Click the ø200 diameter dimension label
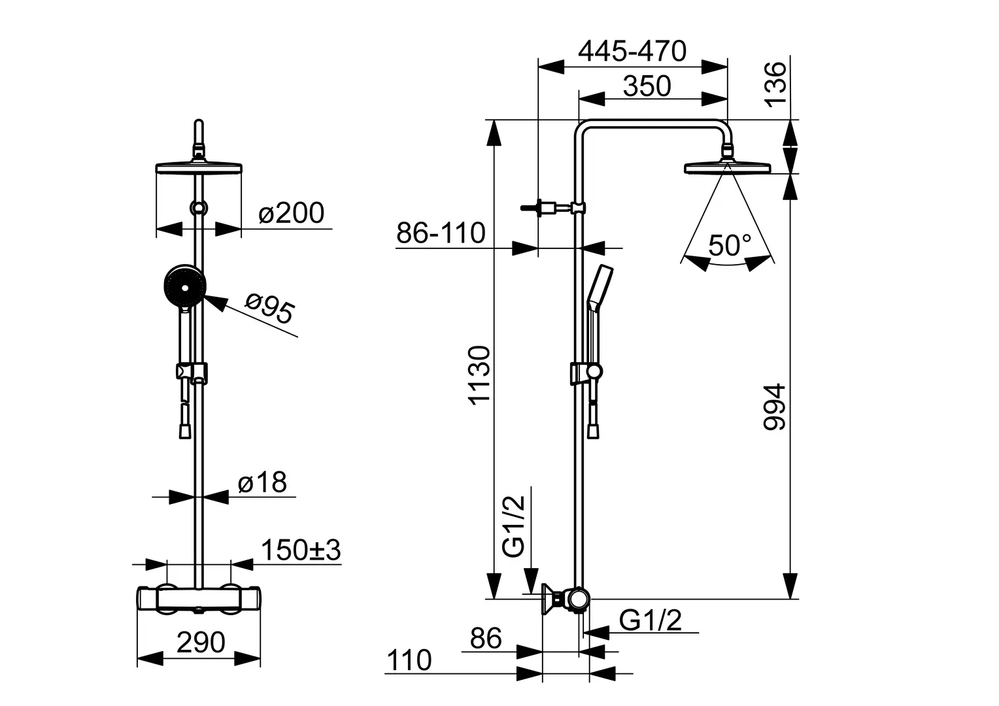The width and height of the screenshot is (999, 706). coord(291,213)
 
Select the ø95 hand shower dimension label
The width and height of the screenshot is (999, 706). coord(269,309)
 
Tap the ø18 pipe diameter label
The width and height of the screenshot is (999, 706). coord(262,483)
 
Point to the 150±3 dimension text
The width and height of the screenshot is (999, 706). coord(301,551)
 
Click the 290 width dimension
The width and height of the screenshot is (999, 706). coord(201,643)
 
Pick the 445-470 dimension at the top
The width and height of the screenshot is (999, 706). coord(632,51)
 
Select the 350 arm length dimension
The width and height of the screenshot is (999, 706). coord(647,86)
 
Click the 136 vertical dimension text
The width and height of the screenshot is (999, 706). coord(775,84)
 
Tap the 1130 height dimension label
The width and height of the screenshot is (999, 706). coord(479,376)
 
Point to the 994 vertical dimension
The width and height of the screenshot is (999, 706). coord(775,407)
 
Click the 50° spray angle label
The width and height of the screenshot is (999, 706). coord(730,245)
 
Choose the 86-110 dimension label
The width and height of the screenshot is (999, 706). coord(441,233)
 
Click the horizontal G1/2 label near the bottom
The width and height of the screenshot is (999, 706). coord(650,620)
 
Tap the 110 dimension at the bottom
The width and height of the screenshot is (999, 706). coord(409,661)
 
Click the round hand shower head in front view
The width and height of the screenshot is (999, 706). coord(185,286)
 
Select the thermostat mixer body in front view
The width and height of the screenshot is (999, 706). coord(199,598)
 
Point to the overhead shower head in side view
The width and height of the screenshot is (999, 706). coord(727,169)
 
